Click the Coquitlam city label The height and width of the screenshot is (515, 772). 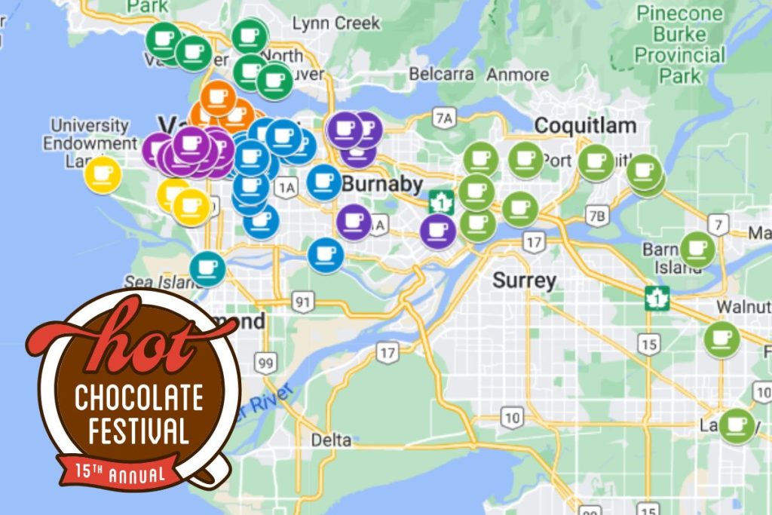(585, 125)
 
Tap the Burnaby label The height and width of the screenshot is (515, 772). (379, 183)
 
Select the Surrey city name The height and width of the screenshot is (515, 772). (525, 281)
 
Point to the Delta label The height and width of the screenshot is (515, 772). (331, 439)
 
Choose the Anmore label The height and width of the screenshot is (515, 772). (517, 75)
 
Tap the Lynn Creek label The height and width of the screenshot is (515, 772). (336, 23)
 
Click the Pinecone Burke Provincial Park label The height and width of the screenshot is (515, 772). (680, 44)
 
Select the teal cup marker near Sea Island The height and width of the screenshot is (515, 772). (207, 268)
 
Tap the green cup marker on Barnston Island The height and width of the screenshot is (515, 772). (697, 249)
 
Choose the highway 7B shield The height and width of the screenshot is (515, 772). (597, 216)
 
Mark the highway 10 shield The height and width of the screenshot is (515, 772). (513, 417)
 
